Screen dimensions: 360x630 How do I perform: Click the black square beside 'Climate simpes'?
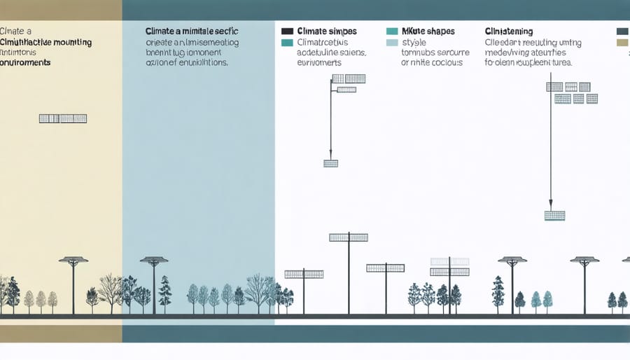click(x=286, y=32)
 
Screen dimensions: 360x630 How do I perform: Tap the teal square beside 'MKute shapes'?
click(x=391, y=32)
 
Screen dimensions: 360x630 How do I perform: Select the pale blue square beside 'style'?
click(x=391, y=43)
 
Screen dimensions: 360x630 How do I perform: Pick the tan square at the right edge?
click(x=622, y=43)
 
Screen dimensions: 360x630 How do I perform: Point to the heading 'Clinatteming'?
click(x=508, y=32)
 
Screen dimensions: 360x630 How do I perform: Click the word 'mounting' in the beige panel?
click(x=73, y=43)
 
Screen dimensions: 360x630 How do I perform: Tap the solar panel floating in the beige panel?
click(x=63, y=118)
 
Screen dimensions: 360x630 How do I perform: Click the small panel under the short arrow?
click(x=330, y=163)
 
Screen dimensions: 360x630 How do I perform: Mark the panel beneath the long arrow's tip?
click(x=554, y=216)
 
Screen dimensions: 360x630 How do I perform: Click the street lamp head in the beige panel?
click(x=73, y=261)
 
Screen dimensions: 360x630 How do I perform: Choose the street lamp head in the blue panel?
click(x=154, y=261)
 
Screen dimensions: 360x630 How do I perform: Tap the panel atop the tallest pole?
click(x=348, y=237)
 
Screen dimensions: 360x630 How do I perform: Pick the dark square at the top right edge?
click(x=622, y=32)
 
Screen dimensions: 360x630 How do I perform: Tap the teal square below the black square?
click(x=286, y=43)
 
